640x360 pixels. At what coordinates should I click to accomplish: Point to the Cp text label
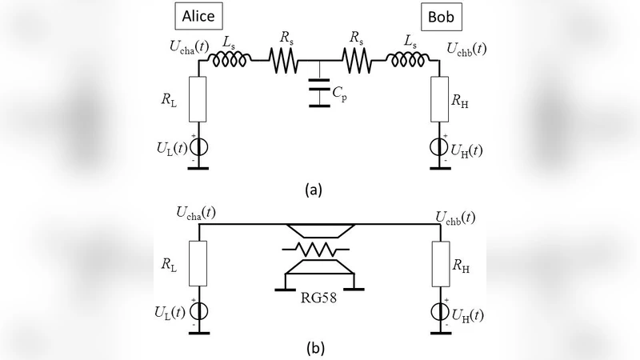(342, 94)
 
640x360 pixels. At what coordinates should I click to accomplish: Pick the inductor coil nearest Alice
(230, 58)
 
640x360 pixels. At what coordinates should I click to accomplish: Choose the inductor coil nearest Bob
(410, 58)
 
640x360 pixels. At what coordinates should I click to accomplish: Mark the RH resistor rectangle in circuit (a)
(439, 100)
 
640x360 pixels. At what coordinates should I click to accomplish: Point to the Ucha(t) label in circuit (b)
(195, 214)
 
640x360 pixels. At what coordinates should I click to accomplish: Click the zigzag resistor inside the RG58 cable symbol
(319, 250)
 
